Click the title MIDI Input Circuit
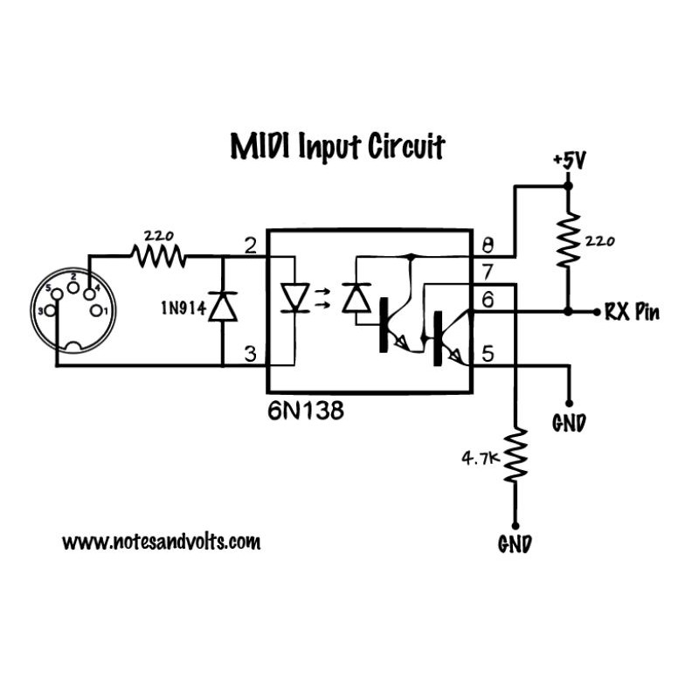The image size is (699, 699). [336, 147]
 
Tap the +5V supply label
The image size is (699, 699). [568, 162]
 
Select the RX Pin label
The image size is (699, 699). [631, 312]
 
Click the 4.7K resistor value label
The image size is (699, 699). [479, 456]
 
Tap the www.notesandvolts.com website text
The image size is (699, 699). [162, 542]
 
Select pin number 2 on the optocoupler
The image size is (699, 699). [250, 246]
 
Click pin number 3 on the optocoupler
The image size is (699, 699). [250, 354]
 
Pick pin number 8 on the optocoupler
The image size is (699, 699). [488, 246]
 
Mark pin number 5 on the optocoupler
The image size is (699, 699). [488, 354]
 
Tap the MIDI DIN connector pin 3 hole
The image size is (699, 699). [51, 311]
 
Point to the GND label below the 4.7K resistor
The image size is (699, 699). [515, 543]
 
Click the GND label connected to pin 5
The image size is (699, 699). [569, 424]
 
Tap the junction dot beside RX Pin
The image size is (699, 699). [568, 311]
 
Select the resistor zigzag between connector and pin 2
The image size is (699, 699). [158, 256]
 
